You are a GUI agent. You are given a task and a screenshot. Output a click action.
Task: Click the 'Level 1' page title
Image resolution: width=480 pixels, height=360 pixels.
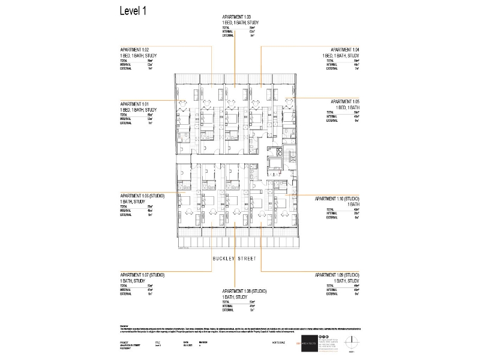click(x=133, y=11)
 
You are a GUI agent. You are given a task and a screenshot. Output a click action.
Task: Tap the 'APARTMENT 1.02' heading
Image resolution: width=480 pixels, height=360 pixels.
click(x=134, y=49)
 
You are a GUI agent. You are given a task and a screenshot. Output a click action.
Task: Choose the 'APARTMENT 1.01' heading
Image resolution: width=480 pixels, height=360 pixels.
click(x=134, y=103)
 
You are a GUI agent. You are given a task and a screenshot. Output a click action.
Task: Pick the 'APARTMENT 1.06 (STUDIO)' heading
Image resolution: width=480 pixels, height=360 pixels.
click(x=142, y=196)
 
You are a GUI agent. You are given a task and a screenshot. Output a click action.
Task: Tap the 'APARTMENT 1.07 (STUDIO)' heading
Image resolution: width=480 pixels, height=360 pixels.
click(x=142, y=275)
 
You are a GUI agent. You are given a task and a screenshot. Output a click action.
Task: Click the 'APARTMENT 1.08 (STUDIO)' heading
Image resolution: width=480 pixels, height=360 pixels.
click(x=244, y=291)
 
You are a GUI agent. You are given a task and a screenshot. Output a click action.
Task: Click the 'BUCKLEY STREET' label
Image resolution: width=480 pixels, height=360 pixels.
click(x=234, y=259)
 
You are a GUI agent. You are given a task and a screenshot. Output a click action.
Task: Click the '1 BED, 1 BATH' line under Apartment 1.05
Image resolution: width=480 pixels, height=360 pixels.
click(x=347, y=107)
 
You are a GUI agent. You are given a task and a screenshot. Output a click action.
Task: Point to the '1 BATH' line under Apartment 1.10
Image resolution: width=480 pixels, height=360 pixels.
click(x=353, y=203)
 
